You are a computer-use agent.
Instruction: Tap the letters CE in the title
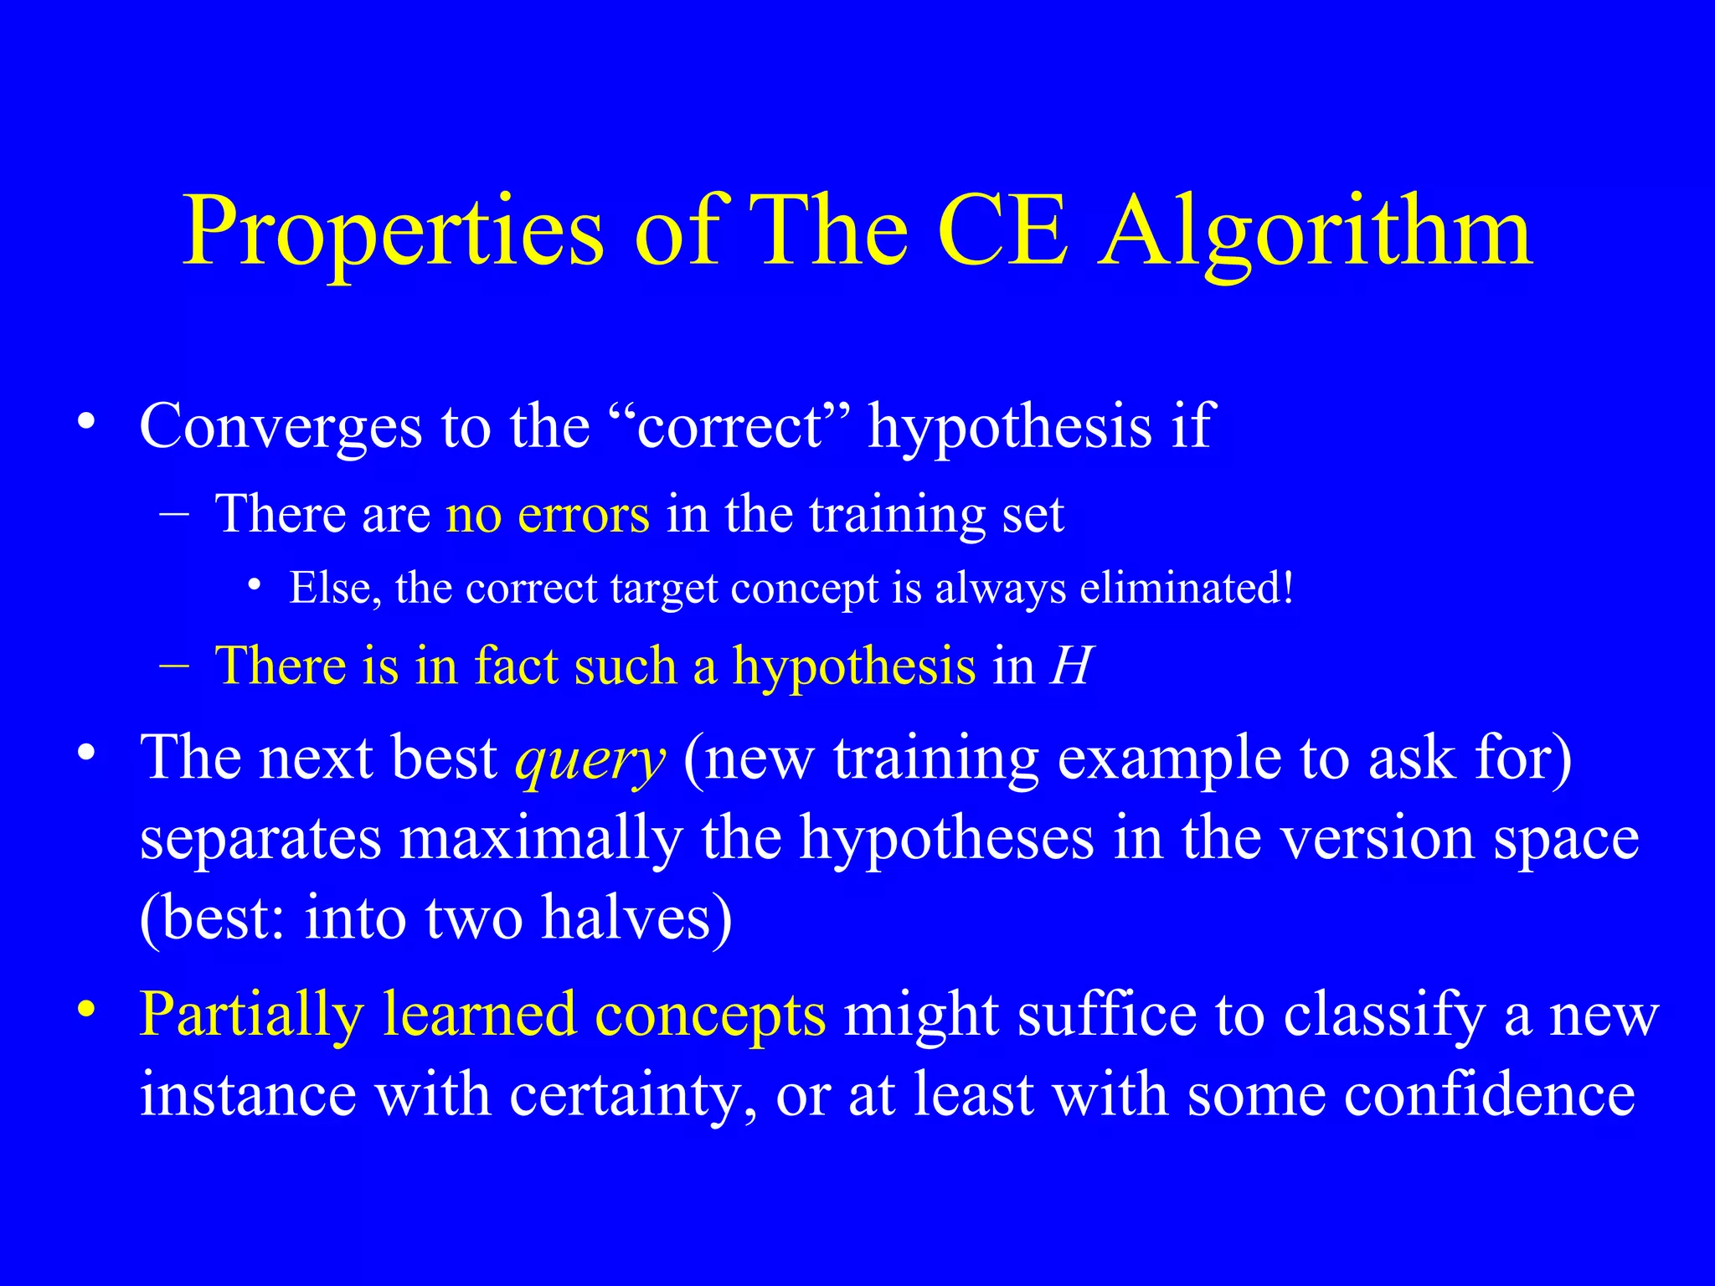[x=1002, y=231]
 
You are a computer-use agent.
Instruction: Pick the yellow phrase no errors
[x=548, y=514]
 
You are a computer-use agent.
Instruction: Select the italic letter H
[x=1071, y=666]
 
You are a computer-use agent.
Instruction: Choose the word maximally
[x=541, y=839]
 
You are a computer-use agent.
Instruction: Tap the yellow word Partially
[x=251, y=1015]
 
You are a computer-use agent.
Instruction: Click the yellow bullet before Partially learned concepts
[x=85, y=1010]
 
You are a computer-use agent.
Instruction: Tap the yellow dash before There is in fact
[x=173, y=666]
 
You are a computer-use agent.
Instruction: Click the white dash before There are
[x=173, y=513]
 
